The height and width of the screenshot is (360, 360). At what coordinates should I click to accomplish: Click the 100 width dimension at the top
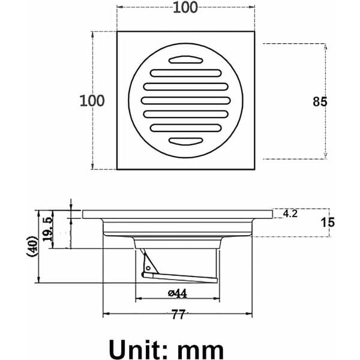185,7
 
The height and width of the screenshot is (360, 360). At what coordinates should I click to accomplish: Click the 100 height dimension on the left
92,101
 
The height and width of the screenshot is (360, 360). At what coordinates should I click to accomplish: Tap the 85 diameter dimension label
320,101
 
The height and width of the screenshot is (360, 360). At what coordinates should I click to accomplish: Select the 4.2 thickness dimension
290,214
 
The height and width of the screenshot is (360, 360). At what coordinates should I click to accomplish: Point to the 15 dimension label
328,223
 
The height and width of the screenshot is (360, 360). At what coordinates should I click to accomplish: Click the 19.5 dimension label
48,229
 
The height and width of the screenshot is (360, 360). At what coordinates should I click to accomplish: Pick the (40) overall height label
32,245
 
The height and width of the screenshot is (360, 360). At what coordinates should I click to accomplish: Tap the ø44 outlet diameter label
178,293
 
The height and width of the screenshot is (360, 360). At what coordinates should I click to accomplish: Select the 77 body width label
178,314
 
